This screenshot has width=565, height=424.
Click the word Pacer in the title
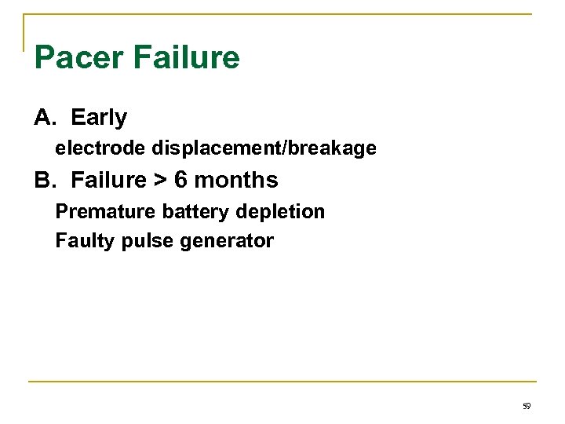pyautogui.click(x=79, y=58)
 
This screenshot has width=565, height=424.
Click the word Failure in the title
pyautogui.click(x=187, y=58)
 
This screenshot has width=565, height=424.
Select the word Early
pyautogui.click(x=99, y=118)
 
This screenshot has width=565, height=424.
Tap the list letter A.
pyautogui.click(x=44, y=118)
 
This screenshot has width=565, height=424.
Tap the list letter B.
pyautogui.click(x=44, y=181)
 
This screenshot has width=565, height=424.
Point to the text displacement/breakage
pyautogui.click(x=264, y=148)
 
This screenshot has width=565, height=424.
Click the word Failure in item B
pyautogui.click(x=108, y=181)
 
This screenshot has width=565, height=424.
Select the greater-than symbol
pyautogui.click(x=161, y=181)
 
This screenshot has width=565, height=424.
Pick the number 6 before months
pyautogui.click(x=181, y=181)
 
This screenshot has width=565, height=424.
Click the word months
pyautogui.click(x=236, y=181)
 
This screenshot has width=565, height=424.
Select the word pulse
pyautogui.click(x=148, y=241)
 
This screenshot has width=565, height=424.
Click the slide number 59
pyautogui.click(x=526, y=407)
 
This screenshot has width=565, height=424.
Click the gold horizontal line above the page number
pyautogui.click(x=282, y=382)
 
